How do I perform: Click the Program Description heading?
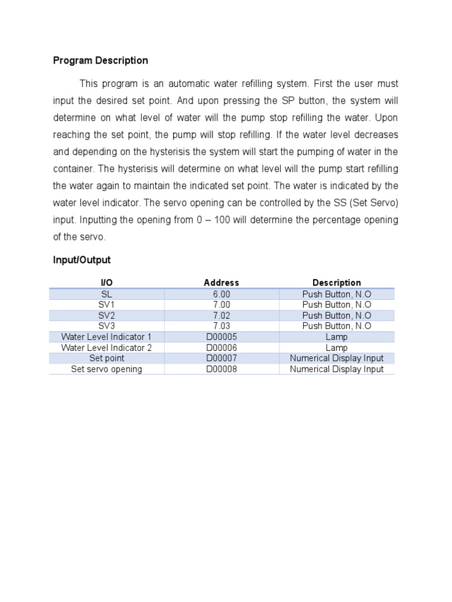click(x=101, y=61)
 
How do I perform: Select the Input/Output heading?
click(x=82, y=260)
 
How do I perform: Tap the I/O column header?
click(x=107, y=283)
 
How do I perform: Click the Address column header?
click(x=221, y=283)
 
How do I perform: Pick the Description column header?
click(x=337, y=283)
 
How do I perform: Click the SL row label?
click(x=107, y=294)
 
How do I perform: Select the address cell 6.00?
click(x=221, y=294)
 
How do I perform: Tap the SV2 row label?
click(x=107, y=316)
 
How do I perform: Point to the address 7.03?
click(x=221, y=326)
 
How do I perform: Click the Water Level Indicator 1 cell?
click(x=107, y=337)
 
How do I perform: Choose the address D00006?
click(x=221, y=348)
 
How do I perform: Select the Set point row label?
click(x=107, y=359)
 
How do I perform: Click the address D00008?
click(x=221, y=369)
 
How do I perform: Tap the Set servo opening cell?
click(x=107, y=369)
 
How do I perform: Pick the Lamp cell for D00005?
click(x=337, y=337)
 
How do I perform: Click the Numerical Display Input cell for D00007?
click(x=337, y=359)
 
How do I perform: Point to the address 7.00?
click(x=221, y=305)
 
